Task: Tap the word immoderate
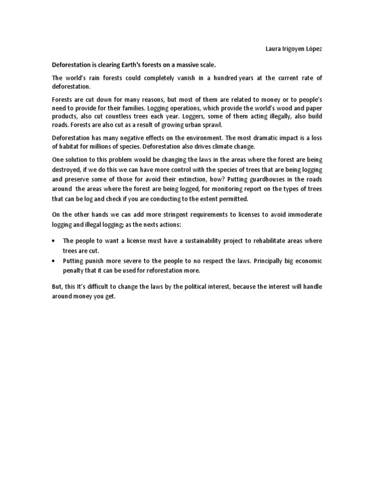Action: coord(303,215)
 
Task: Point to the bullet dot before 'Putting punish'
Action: coord(54,261)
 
